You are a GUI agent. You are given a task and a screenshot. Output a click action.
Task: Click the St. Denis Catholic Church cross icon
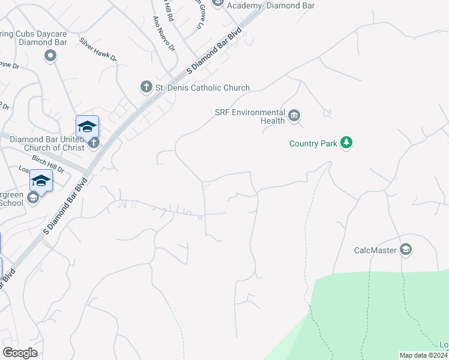point(146,88)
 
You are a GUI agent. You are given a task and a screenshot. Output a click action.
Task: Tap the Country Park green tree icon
point(346,143)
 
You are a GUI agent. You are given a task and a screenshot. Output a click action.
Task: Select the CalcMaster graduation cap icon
point(406,250)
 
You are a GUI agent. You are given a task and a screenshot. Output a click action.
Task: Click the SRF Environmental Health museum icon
point(294,115)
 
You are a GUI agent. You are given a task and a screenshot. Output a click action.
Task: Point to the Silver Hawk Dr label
point(98,50)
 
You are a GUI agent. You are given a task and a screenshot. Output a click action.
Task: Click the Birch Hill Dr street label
point(48,161)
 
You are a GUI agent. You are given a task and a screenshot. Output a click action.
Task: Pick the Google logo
point(20,353)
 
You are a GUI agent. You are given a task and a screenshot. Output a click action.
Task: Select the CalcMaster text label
point(376,250)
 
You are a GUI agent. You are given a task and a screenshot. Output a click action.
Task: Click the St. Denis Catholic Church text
point(202,88)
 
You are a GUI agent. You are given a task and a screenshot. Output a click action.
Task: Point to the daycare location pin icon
point(50,56)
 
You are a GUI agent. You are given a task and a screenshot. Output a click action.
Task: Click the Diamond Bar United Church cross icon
point(93,143)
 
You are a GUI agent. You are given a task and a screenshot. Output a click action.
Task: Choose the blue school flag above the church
point(87,126)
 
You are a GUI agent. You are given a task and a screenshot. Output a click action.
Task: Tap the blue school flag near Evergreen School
point(41,180)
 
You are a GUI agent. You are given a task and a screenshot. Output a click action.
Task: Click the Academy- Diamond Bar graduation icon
point(217,3)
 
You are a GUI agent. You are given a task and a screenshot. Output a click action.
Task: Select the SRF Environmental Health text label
point(250,116)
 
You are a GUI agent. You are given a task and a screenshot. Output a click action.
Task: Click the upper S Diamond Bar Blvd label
point(214,51)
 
